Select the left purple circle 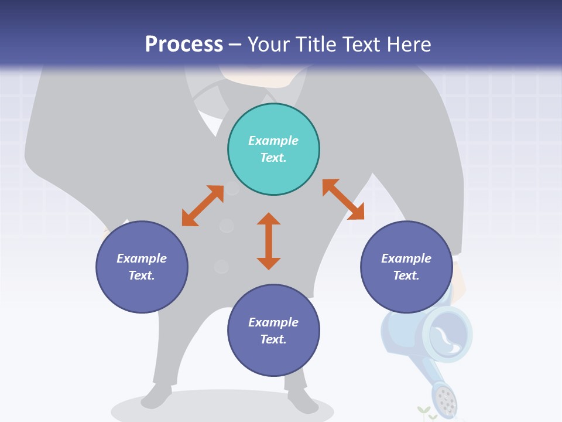pos(142,267)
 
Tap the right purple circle pos(406,267)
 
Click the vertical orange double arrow pos(269,241)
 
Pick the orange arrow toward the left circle pos(203,206)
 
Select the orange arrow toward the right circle pos(343,199)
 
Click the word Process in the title pos(184,44)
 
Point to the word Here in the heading pos(408,44)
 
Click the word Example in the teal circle pos(273,141)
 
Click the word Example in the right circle pos(406,258)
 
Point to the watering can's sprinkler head pos(446,399)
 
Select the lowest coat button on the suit pos(221,267)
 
